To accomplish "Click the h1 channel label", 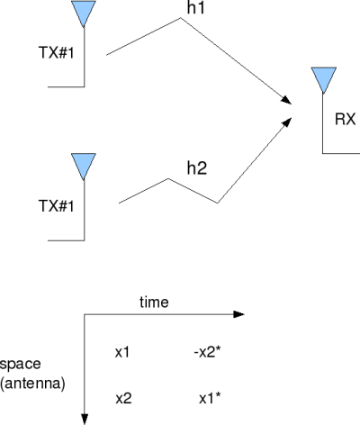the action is (x=195, y=7).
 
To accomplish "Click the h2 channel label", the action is (x=197, y=167).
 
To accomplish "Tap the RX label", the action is (x=345, y=119).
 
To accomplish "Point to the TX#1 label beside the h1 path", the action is (x=56, y=52).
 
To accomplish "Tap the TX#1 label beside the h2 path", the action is (x=56, y=206).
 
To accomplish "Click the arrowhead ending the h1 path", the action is (x=286, y=100).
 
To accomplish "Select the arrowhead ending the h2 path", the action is (x=287, y=122).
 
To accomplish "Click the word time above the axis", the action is (x=154, y=302).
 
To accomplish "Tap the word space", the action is (x=20, y=364).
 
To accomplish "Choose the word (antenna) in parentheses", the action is (x=32, y=384).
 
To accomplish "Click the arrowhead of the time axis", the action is (x=238, y=314).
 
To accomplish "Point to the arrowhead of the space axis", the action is (x=85, y=419).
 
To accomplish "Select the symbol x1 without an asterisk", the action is (x=122, y=352).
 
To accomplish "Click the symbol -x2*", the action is (x=208, y=352).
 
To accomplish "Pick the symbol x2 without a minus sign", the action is (x=123, y=399).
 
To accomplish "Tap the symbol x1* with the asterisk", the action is (x=210, y=399).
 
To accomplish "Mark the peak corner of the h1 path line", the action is (x=180, y=18).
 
